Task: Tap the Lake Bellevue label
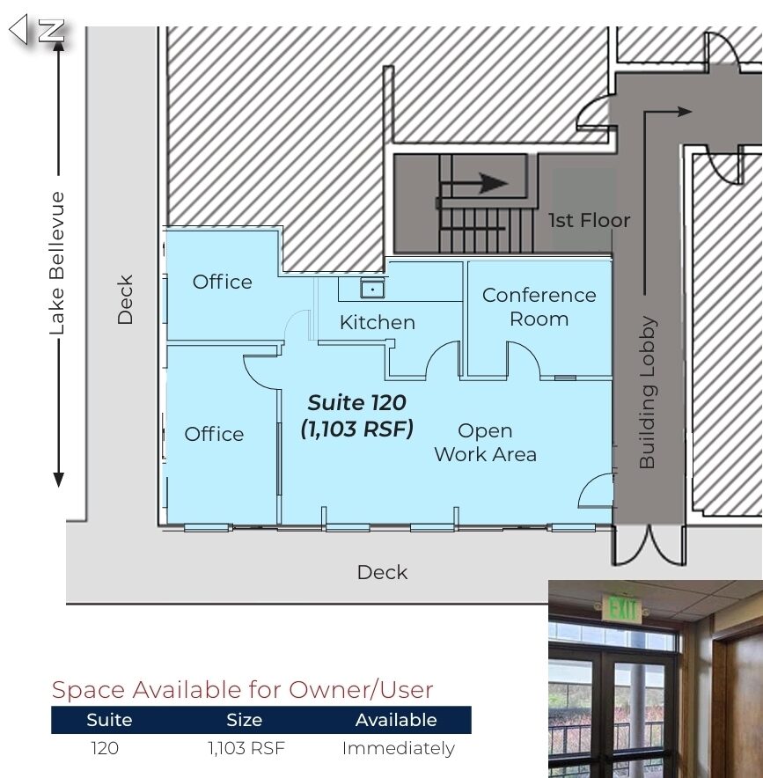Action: click(57, 263)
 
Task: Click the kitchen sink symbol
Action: click(372, 289)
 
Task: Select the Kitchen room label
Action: click(377, 322)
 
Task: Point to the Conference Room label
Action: click(539, 306)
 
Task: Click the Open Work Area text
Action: click(485, 442)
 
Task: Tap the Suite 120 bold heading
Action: click(356, 402)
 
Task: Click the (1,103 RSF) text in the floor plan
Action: click(356, 429)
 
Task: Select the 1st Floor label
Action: click(589, 220)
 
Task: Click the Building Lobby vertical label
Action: click(648, 392)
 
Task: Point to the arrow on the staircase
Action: click(473, 183)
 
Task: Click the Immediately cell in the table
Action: click(398, 748)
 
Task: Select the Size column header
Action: click(244, 720)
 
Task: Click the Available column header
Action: click(396, 720)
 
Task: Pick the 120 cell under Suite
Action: click(105, 748)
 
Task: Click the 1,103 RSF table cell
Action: click(246, 748)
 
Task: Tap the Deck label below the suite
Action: click(382, 573)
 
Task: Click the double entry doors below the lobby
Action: click(649, 546)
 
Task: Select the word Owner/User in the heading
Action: click(361, 690)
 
